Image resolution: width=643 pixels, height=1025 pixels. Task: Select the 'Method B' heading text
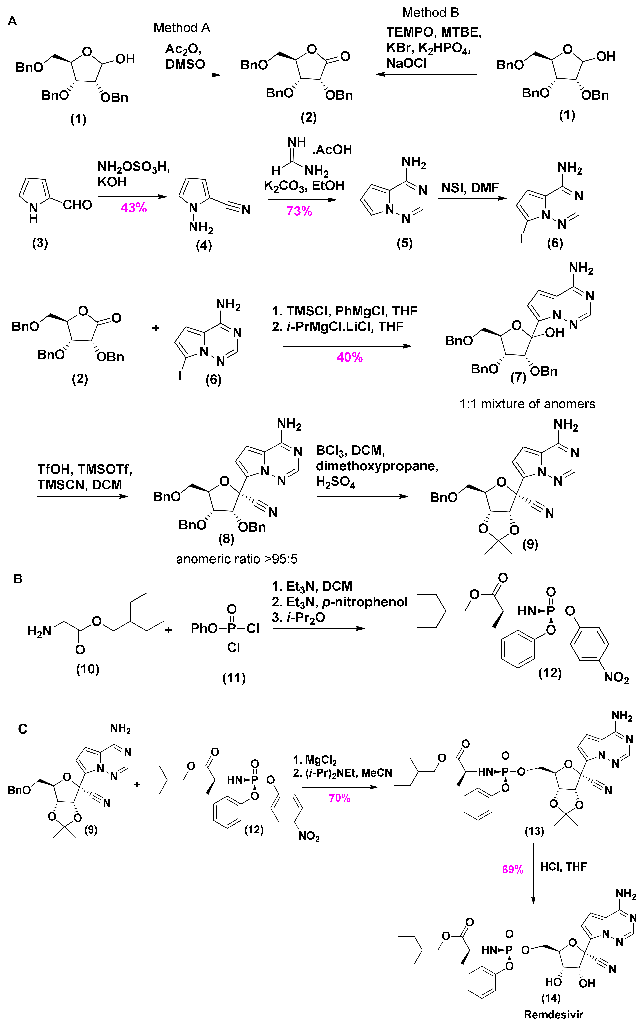coord(430,13)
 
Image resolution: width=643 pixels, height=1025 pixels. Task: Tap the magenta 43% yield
coord(134,208)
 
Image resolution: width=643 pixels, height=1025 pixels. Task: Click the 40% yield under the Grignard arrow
coord(350,358)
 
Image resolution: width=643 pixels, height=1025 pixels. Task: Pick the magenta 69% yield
coord(512,869)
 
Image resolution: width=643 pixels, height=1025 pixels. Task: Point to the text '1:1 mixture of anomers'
coord(527,404)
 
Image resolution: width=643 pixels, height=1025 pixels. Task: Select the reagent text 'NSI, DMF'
coord(470,188)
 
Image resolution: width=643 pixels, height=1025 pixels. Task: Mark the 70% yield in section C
coord(339,798)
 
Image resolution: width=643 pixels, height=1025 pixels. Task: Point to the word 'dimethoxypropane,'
coord(377,466)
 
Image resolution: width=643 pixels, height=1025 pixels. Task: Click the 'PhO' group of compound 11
coord(204,628)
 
